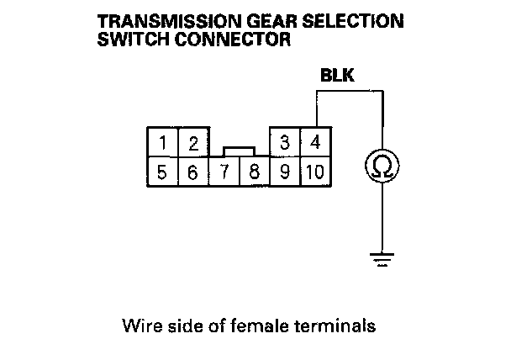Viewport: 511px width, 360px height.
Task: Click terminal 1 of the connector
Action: pos(163,142)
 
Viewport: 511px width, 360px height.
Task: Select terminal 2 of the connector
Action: pos(193,142)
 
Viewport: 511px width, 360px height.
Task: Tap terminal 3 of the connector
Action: pos(284,141)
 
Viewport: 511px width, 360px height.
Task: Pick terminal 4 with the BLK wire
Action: pos(315,141)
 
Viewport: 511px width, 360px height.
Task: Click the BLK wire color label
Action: pos(337,77)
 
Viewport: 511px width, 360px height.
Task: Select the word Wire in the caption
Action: pos(138,324)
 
